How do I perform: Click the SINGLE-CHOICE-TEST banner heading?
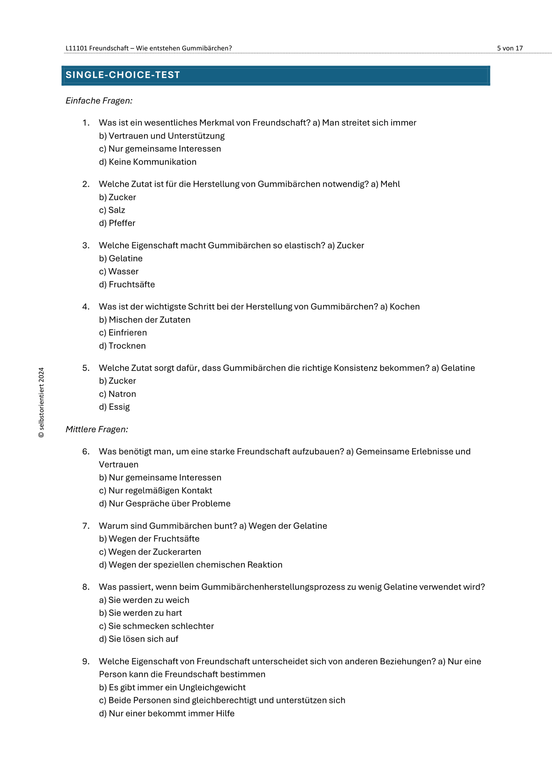123,75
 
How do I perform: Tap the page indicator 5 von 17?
510,48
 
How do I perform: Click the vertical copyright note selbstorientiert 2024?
42,403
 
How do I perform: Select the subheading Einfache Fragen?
99,101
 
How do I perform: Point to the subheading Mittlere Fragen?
97,429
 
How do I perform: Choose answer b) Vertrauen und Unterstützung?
162,136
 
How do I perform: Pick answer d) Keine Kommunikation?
148,162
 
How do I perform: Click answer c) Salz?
112,210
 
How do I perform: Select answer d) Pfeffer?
117,223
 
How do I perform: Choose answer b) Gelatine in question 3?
121,259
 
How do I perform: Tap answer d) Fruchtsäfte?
127,285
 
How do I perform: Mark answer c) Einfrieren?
123,333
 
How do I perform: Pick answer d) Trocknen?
122,346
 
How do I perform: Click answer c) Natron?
117,394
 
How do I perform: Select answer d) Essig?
114,407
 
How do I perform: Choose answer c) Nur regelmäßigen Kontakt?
156,491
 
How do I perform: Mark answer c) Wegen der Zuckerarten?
150,552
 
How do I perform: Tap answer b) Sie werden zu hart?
140,613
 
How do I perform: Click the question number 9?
86,661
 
